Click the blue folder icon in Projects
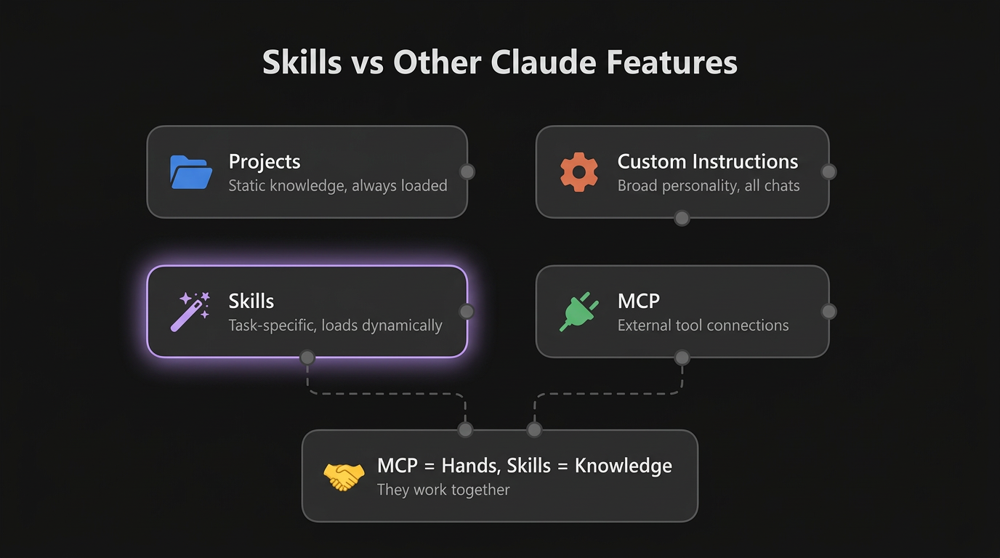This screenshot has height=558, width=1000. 191,172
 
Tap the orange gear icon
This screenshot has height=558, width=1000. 579,172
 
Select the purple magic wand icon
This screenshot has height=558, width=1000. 190,312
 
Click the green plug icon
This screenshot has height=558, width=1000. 579,312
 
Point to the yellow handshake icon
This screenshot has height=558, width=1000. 344,477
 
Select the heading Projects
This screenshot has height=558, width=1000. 265,161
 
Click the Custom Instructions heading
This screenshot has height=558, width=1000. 707,161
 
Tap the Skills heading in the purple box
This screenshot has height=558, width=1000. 251,301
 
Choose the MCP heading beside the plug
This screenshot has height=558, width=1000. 638,301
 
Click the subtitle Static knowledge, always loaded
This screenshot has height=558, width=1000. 337,186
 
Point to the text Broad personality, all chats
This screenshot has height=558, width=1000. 708,186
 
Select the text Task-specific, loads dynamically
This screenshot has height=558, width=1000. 335,325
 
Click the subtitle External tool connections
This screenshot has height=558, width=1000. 703,325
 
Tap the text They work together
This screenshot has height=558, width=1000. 443,490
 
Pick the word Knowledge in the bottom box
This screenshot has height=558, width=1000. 623,466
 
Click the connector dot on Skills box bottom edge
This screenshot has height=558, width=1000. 307,357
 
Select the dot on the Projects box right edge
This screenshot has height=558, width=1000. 467,171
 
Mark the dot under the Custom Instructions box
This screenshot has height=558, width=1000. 682,218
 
